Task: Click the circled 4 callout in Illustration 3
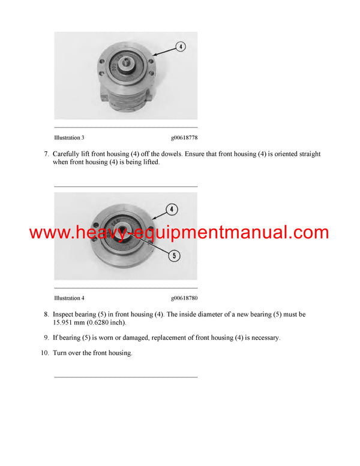tap(180, 47)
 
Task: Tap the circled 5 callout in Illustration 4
tap(174, 256)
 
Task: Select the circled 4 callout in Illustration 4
tap(172, 209)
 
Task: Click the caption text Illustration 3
tap(69, 138)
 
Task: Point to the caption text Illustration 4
tap(69, 298)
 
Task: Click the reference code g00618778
tap(184, 138)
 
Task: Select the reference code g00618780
tap(184, 298)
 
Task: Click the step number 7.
tap(46, 154)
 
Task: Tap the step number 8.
tap(46, 315)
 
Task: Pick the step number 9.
tap(46, 337)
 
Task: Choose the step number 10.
tap(45, 353)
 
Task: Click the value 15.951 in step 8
tap(62, 322)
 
